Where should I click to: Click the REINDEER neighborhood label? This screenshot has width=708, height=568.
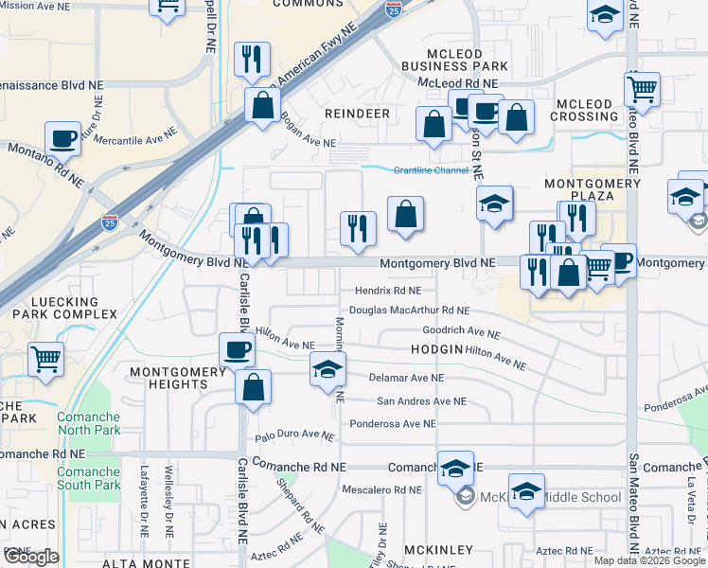357,114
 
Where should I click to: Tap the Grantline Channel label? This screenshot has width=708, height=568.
431,170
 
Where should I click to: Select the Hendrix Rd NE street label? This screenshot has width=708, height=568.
388,292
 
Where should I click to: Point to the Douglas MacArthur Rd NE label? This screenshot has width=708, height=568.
409,310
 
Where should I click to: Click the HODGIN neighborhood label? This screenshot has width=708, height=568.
436,349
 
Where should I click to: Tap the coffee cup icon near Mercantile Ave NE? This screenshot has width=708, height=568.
63,138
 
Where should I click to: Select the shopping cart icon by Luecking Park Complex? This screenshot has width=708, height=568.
46,359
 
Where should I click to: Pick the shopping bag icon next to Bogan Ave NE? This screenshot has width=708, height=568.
262,105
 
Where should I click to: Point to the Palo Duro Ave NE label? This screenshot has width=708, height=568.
295,435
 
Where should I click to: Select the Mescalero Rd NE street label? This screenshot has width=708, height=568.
381,490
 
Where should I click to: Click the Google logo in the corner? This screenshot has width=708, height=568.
30,557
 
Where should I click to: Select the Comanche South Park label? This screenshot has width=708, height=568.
88,478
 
